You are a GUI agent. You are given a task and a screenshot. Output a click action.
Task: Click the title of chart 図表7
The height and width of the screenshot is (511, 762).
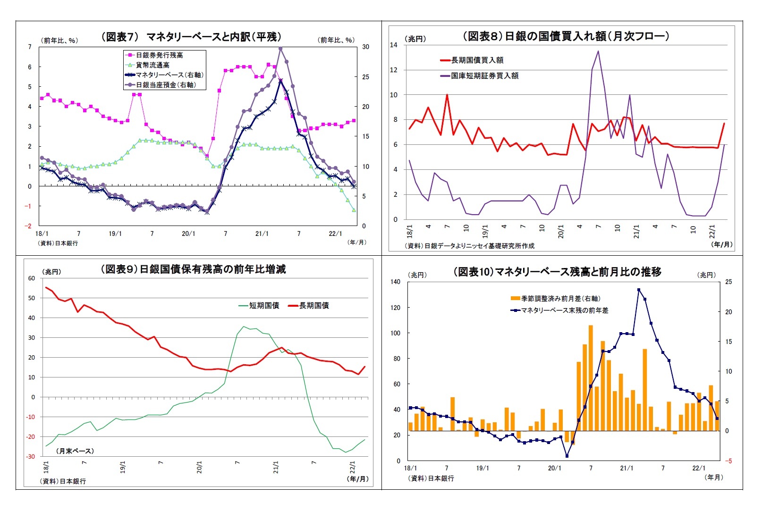coord(191,37)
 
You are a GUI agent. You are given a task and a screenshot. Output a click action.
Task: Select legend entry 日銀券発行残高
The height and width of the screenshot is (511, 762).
coord(159,55)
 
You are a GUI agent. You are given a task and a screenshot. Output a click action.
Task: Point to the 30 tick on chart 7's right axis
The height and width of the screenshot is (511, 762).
coord(365,47)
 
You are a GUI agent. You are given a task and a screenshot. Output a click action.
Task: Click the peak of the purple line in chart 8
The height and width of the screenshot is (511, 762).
coord(598,51)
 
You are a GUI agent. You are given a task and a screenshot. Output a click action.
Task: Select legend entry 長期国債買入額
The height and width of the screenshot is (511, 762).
coord(477,60)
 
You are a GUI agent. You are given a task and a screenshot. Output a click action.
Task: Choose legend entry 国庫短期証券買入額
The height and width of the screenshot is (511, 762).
coord(484,75)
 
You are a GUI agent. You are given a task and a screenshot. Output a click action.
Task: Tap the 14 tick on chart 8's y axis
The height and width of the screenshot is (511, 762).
coord(394,45)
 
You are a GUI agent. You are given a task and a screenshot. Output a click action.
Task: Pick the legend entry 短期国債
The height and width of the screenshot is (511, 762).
coord(264,306)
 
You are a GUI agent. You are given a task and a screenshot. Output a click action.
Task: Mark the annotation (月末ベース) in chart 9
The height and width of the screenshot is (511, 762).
coord(75,451)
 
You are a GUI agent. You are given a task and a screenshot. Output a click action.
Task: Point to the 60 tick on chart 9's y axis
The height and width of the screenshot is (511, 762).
coord(32,278)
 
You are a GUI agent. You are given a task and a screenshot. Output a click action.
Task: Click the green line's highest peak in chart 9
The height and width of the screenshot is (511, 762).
coord(244,327)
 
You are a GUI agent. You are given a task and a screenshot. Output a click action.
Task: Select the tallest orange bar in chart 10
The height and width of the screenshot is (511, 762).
coord(591,377)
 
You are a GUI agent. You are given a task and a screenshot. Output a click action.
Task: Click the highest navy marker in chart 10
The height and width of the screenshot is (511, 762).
coord(638,290)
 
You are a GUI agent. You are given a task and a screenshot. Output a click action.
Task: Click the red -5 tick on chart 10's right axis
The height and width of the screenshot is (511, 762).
coord(728,461)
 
